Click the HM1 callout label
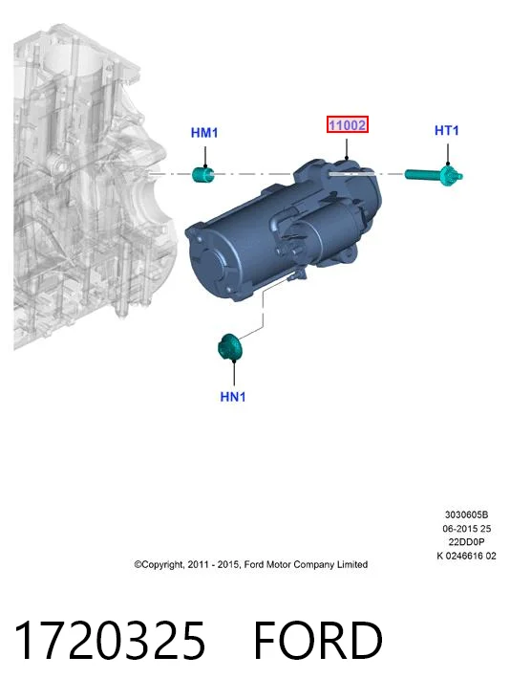204,133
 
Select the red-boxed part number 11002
348,124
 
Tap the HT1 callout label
447,130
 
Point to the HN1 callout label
233,397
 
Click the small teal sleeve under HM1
203,174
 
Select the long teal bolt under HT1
434,175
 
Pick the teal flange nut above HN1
229,347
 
